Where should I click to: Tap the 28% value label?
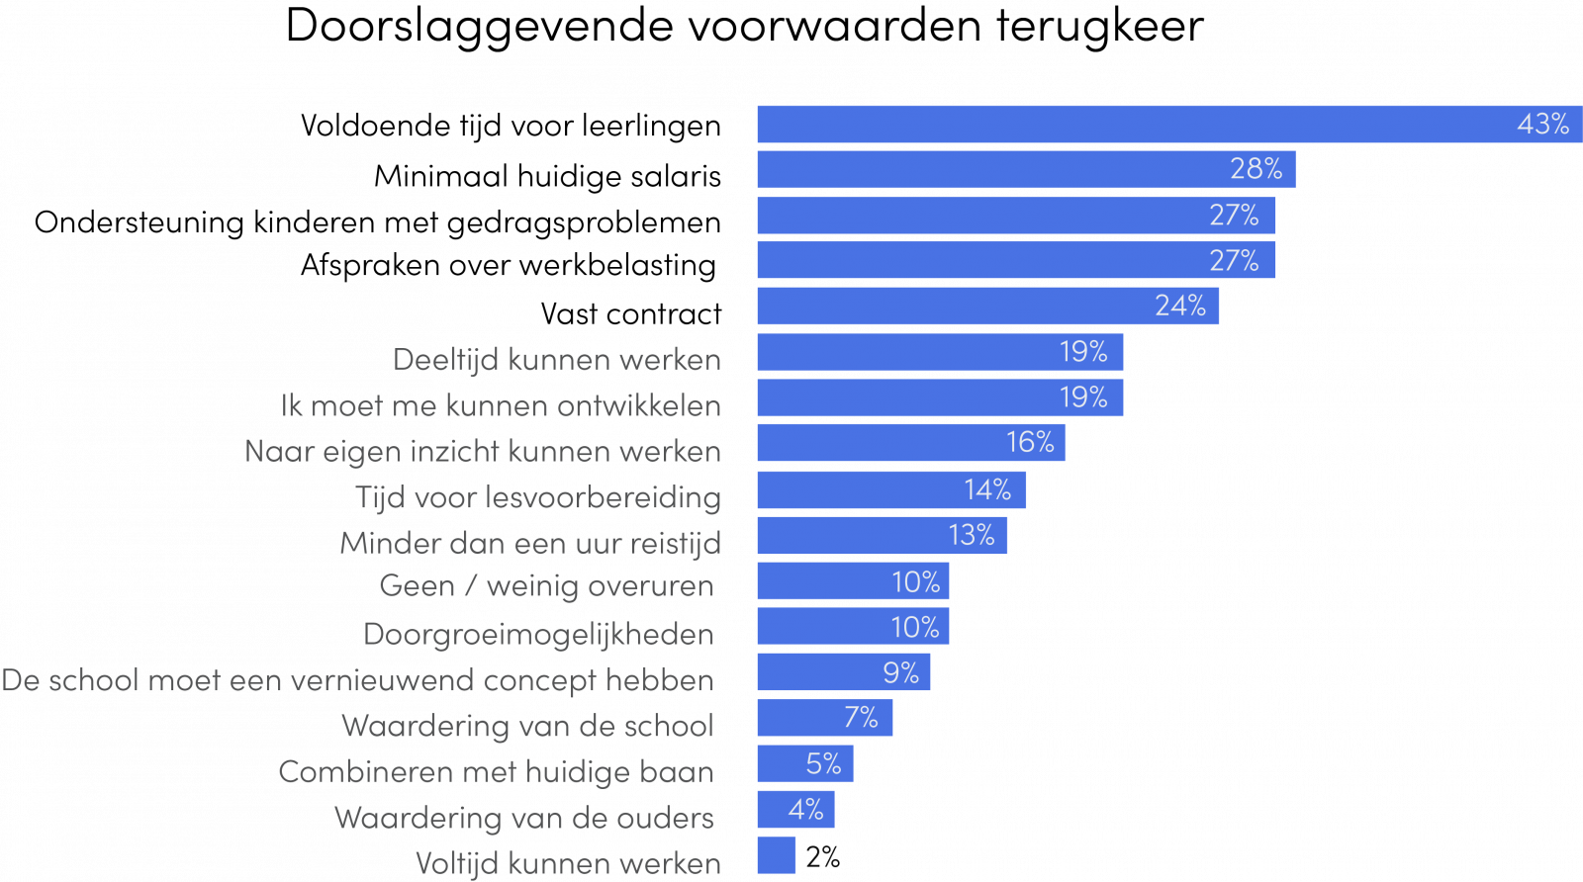tap(1256, 169)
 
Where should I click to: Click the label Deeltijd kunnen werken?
tap(557, 360)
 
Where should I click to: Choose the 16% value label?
tap(1030, 443)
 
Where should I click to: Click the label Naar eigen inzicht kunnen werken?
tap(483, 452)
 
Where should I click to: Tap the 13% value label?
tap(971, 535)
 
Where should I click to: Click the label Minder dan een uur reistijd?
tap(530, 544)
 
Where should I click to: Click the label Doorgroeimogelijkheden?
tap(538, 635)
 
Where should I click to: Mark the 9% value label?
tap(900, 673)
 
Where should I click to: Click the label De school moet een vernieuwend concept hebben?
tap(357, 681)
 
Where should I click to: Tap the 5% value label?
tap(823, 764)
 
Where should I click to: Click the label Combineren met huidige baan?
tap(496, 772)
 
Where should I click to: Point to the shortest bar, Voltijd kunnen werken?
tap(777, 855)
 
